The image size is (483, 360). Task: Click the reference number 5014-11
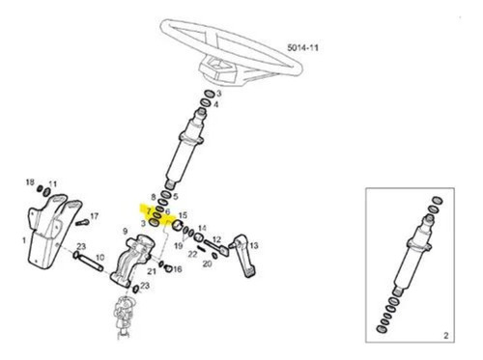click(302, 48)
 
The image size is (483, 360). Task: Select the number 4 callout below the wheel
click(215, 104)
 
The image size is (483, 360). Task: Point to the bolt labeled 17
click(82, 222)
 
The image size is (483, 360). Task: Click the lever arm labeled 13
click(243, 255)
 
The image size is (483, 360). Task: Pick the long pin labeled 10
click(88, 262)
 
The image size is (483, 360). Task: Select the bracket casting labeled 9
click(131, 261)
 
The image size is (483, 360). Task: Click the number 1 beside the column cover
click(24, 240)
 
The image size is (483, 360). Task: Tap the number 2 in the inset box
click(446, 336)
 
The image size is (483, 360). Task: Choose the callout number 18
click(30, 182)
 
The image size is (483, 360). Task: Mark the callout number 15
click(183, 215)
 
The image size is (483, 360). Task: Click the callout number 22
click(192, 254)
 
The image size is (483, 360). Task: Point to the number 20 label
click(207, 263)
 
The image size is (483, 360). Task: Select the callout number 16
click(178, 268)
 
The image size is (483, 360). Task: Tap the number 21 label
click(152, 271)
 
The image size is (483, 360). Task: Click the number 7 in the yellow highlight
click(149, 211)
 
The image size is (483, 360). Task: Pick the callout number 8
click(154, 197)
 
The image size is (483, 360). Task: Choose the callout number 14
click(202, 228)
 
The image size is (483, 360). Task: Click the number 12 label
click(216, 239)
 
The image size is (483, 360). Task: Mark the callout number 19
click(179, 246)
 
